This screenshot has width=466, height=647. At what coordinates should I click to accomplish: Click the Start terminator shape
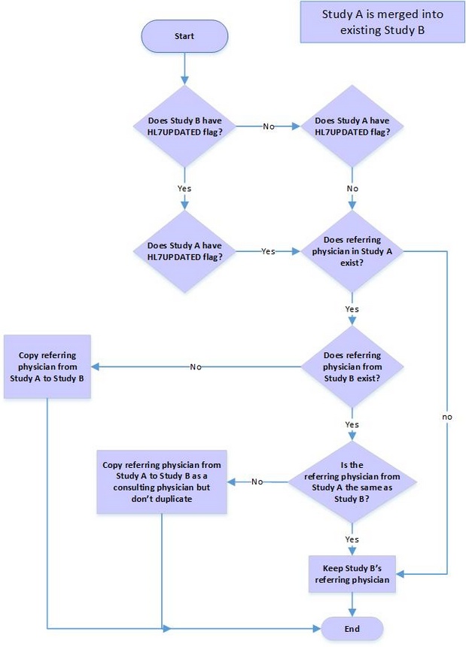184,36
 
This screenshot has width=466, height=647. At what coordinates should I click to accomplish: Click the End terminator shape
352,628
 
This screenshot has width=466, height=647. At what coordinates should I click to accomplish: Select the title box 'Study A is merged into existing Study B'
382,22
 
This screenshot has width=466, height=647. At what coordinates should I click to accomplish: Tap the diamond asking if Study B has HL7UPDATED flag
184,126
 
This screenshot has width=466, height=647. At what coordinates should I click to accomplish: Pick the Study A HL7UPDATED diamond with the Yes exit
184,251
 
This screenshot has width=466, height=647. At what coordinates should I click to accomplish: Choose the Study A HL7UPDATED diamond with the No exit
352,126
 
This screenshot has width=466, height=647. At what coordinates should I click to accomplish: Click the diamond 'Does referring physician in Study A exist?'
352,251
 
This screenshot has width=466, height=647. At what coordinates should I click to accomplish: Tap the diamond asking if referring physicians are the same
352,481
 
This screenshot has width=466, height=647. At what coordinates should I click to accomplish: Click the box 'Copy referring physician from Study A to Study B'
47,366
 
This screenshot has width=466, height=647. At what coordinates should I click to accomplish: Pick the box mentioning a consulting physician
162,481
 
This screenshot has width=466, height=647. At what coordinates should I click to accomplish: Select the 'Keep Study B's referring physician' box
352,574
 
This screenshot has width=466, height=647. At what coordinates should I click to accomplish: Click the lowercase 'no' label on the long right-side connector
447,416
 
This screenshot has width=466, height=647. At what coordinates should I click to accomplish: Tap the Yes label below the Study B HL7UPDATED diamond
184,188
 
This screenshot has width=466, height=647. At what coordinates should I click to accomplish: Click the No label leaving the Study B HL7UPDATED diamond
268,126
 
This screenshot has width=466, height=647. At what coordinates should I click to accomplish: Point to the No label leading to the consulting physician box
257,481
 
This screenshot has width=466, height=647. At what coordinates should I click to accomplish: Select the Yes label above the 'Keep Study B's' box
352,539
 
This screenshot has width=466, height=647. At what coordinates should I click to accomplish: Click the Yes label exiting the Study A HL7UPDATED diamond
268,251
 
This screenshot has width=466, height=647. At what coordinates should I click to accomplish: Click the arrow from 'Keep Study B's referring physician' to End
352,604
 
